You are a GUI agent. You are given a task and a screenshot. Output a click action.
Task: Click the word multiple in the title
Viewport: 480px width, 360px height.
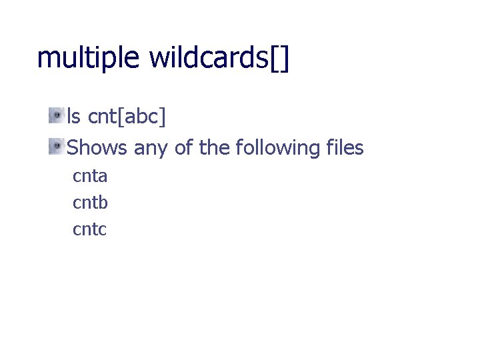88,59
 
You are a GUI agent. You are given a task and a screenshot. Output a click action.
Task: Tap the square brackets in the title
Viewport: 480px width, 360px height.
280,59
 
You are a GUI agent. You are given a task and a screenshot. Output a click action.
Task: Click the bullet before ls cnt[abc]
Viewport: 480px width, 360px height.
57,115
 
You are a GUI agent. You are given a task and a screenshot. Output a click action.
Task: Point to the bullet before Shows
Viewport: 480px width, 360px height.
57,145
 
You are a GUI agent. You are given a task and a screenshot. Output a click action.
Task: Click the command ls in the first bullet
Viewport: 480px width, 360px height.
74,117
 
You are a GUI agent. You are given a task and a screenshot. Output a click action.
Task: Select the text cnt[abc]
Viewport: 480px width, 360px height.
127,118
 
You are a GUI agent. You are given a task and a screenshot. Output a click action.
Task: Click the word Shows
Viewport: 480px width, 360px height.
97,147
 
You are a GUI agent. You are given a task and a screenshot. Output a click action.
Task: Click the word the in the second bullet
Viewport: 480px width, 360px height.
214,147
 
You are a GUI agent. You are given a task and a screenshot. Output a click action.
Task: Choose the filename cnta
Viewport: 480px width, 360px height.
90,177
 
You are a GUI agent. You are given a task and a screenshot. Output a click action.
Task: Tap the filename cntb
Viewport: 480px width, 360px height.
90,203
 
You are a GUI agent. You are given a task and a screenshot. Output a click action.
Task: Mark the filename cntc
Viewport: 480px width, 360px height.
89,230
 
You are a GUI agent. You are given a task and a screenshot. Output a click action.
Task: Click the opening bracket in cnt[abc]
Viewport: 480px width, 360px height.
121,118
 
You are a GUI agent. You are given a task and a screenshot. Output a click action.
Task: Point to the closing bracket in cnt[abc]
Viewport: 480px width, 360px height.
163,118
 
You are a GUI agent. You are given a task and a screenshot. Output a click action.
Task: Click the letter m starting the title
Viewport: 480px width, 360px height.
47,60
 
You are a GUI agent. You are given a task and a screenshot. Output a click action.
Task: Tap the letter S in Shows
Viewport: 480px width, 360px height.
73,147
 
